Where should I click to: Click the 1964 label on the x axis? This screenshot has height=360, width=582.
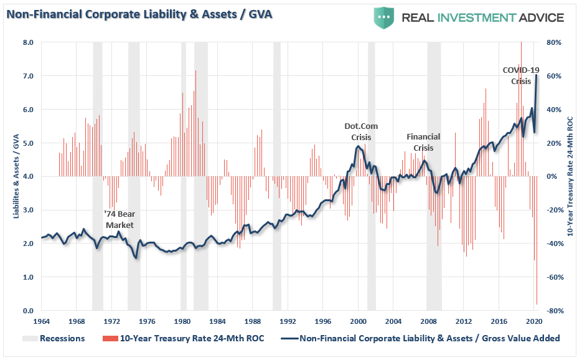[x=41, y=321]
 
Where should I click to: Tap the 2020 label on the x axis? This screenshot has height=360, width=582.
[x=533, y=321]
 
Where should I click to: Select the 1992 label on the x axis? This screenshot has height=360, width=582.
[x=287, y=321]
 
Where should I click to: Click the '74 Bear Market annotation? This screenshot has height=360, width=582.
[x=118, y=219]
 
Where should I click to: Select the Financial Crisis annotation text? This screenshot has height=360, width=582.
[x=423, y=142]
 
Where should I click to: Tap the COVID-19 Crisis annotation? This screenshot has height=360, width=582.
[x=521, y=75]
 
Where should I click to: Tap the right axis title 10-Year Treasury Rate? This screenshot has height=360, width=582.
[x=570, y=176]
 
